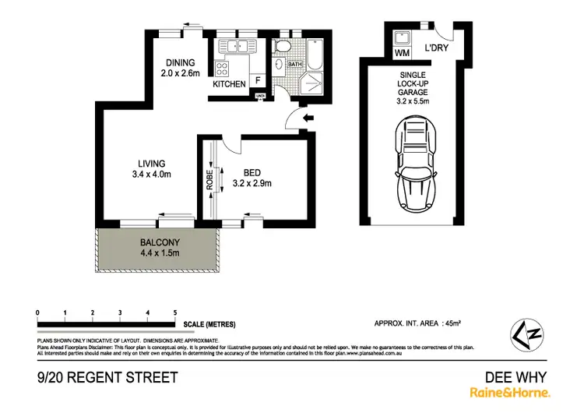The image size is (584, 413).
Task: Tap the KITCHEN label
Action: click(x=230, y=83)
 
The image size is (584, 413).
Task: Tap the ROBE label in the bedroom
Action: click(x=209, y=182)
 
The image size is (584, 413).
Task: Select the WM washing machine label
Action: click(x=402, y=52)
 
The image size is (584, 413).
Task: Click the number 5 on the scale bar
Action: click(x=175, y=312)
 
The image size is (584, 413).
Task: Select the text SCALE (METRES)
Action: click(x=209, y=324)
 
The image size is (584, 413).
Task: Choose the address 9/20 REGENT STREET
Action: click(x=106, y=378)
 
